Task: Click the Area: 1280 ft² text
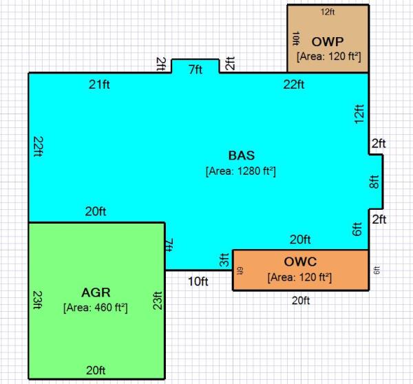(241, 170)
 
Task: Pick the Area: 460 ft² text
(96, 307)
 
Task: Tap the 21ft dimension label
(100, 85)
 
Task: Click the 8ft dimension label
(374, 182)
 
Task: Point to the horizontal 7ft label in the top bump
(195, 70)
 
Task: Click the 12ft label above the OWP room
(328, 12)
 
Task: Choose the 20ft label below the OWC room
(300, 301)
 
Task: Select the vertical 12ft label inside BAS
(357, 114)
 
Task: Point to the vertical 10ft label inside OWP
(295, 38)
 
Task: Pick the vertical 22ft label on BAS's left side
(37, 147)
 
